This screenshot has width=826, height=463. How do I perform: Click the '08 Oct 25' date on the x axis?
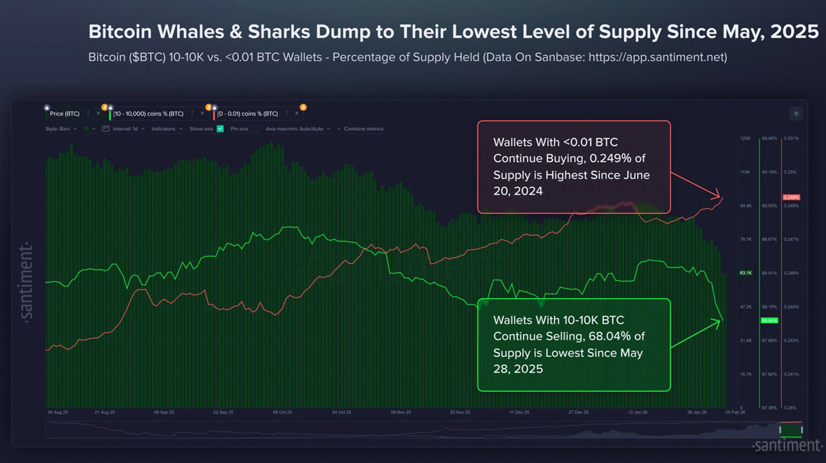[x=282, y=412]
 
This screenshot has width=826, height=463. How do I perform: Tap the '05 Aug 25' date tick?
[x=58, y=412]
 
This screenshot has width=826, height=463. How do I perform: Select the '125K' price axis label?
[x=745, y=138]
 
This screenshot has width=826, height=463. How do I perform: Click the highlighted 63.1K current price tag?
[x=746, y=273]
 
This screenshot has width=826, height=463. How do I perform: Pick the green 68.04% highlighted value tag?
[x=768, y=320]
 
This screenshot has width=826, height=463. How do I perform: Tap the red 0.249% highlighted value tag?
[x=791, y=198]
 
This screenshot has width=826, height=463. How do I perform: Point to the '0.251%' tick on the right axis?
[x=791, y=138]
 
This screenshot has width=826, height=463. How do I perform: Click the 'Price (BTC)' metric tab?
[x=65, y=113]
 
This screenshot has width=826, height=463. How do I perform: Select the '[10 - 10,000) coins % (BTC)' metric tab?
[x=147, y=113]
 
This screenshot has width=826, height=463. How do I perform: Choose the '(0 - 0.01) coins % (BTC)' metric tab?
[x=248, y=113]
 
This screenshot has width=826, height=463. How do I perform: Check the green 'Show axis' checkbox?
[x=220, y=129]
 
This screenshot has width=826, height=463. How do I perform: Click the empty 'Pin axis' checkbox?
[x=255, y=129]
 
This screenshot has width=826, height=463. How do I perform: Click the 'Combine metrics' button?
[x=363, y=129]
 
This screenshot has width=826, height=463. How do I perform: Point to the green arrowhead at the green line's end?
[x=720, y=320]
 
